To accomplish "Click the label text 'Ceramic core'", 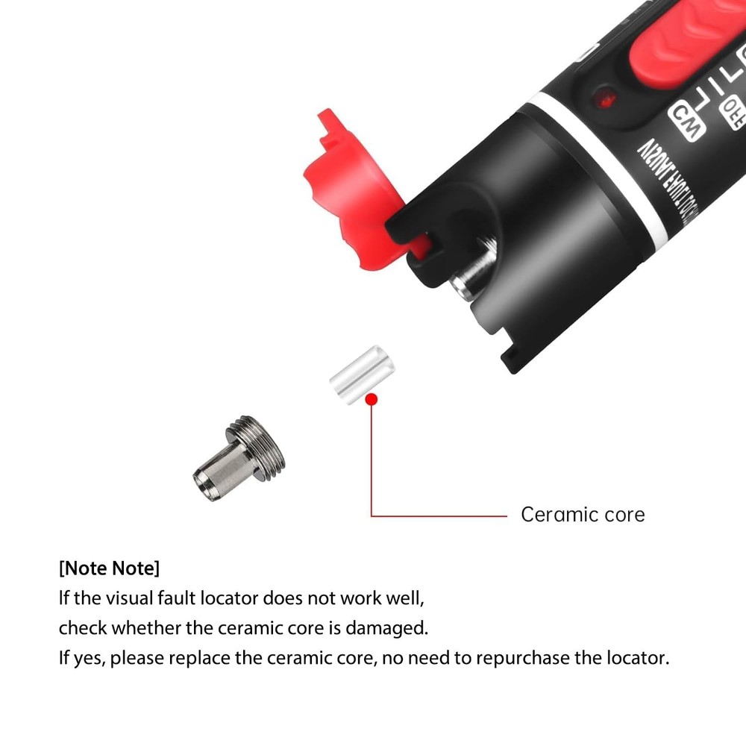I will pos(583,515).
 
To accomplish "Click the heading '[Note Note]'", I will pos(109,568).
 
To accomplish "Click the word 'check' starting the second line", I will pos(83,628).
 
